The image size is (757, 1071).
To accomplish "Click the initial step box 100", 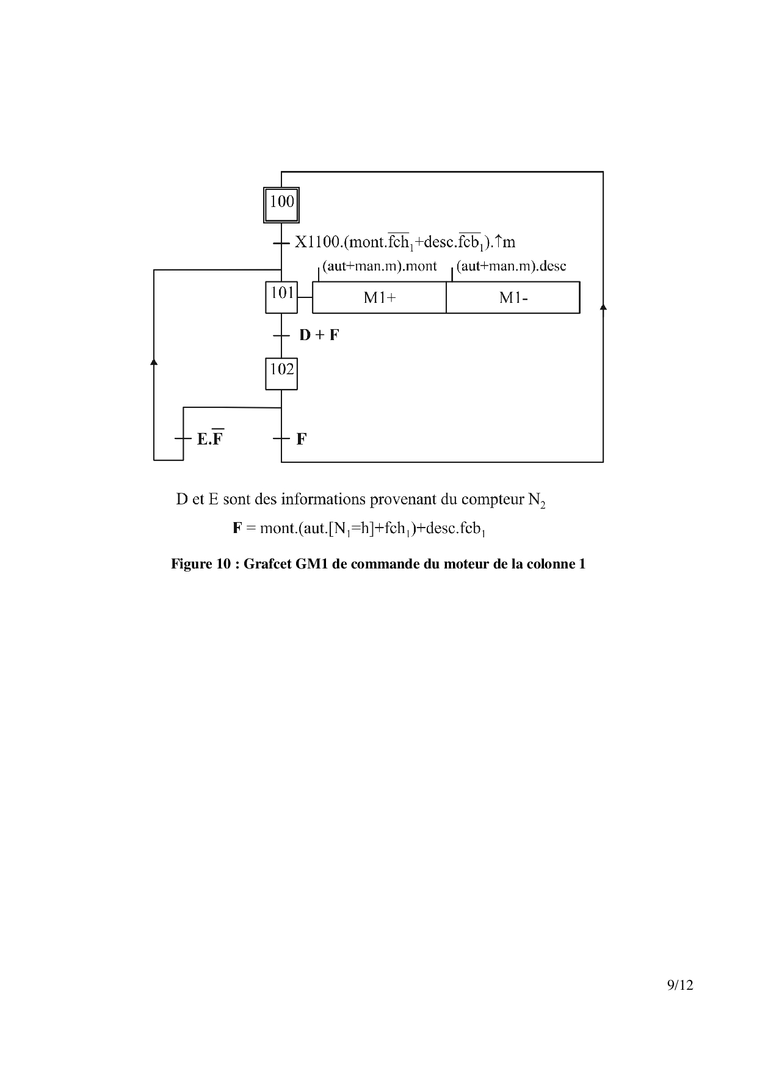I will click(x=281, y=205).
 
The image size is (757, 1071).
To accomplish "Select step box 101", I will click(x=281, y=297).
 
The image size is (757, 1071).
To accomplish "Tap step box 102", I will click(x=281, y=373).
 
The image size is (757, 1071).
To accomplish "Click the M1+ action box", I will click(x=379, y=297).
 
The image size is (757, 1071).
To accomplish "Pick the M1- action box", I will click(x=513, y=297).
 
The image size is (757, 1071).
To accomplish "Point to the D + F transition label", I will click(x=319, y=335).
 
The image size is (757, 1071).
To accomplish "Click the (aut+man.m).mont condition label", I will click(x=380, y=266).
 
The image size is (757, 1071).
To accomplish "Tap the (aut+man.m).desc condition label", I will click(x=511, y=266).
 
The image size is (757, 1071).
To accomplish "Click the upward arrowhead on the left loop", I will click(x=154, y=362).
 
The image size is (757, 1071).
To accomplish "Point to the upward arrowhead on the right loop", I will click(x=603, y=307).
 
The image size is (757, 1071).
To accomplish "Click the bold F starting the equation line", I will click(x=237, y=528).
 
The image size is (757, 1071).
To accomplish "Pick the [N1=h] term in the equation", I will click(x=351, y=529).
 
